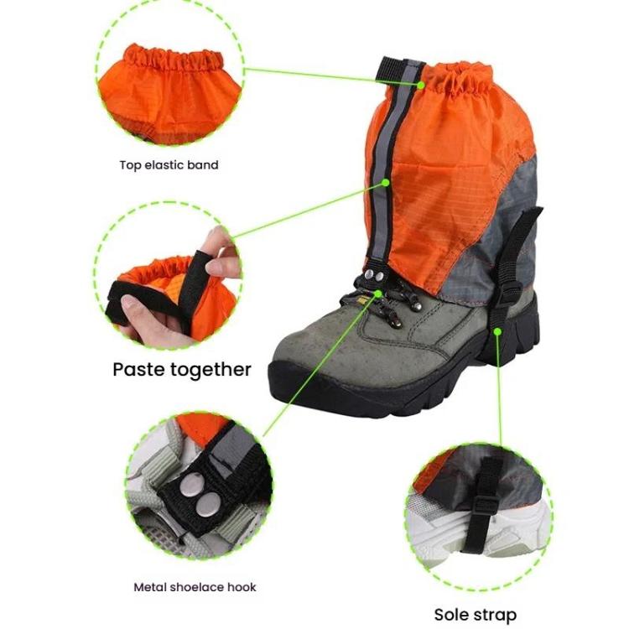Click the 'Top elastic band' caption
click(x=169, y=165)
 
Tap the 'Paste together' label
click(x=182, y=369)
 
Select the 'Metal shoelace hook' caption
click(x=195, y=587)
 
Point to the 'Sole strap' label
click(x=475, y=615)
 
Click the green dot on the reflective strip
click(x=385, y=181)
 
